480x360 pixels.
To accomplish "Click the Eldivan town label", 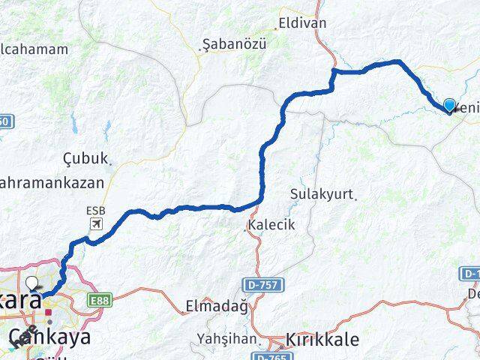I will pyautogui.click(x=302, y=23).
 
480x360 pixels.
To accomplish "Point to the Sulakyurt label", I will pyautogui.click(x=321, y=194).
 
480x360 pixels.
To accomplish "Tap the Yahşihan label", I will pyautogui.click(x=226, y=338).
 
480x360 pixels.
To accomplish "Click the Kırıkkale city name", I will pyautogui.click(x=322, y=340).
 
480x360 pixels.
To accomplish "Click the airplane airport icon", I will pyautogui.click(x=96, y=223).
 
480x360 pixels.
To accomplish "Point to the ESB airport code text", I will pyautogui.click(x=96, y=211).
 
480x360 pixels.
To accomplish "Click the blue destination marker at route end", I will pyautogui.click(x=449, y=106).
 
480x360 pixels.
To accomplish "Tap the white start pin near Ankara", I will pyautogui.click(x=33, y=283).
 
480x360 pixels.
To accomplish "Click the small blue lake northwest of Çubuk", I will pyautogui.click(x=73, y=123).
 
